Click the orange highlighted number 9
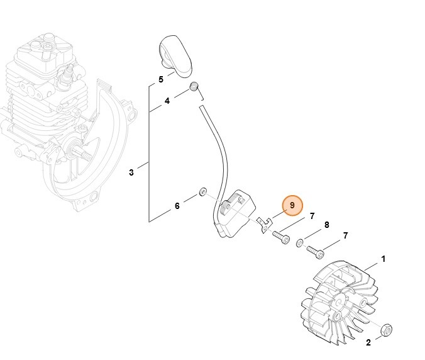click(292, 205)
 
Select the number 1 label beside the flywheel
click(383, 259)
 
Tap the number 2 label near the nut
click(368, 342)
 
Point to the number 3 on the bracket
click(131, 172)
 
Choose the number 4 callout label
click(167, 101)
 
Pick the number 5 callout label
click(160, 80)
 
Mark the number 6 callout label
click(177, 206)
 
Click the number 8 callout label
click(326, 225)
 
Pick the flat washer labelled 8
click(299, 243)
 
